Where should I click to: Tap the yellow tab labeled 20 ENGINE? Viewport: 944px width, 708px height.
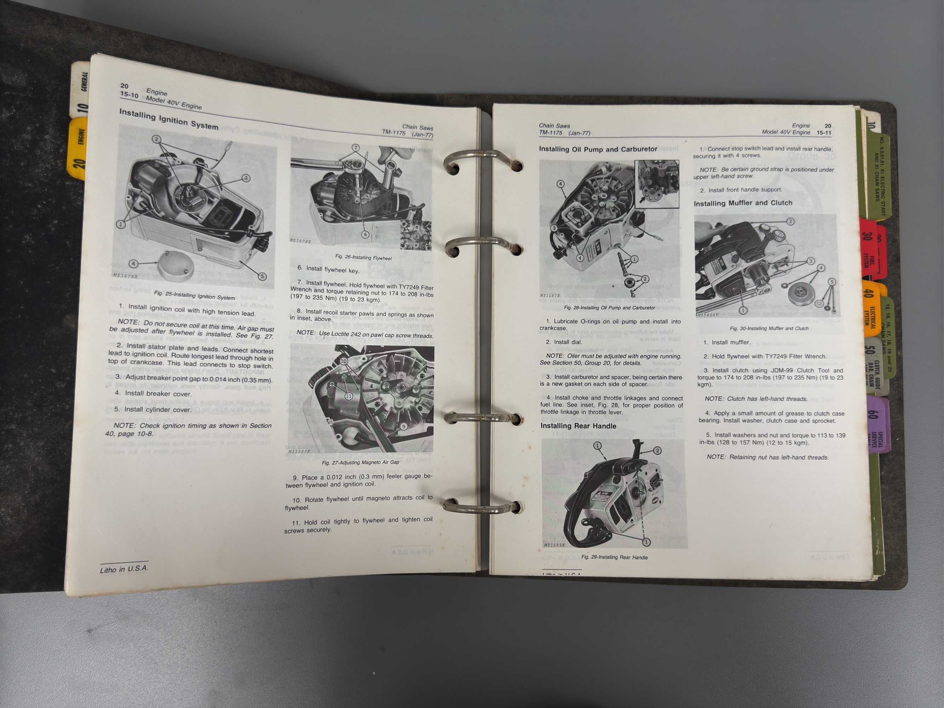79,149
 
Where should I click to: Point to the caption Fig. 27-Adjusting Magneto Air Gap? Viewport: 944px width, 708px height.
360,462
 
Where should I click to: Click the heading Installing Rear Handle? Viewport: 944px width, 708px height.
578,426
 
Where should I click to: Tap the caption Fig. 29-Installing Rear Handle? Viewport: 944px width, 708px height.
614,557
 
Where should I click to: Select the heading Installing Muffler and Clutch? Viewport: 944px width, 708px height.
743,203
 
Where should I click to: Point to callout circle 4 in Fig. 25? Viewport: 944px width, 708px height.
133,264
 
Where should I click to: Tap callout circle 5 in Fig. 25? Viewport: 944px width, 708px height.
262,276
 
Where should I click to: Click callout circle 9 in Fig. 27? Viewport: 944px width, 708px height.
403,426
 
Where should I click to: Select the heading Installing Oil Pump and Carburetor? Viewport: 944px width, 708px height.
597,149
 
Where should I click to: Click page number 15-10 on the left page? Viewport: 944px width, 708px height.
129,95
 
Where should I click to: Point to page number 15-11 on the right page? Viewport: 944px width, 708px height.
824,133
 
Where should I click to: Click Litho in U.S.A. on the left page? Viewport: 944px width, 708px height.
124,569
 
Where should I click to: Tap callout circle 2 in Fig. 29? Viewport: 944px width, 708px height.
657,450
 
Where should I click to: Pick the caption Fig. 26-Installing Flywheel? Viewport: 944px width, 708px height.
363,258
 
